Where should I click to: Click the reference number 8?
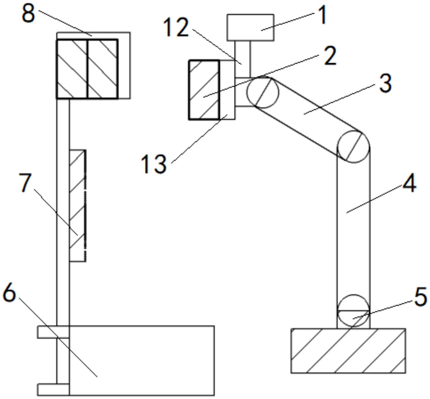point(28,13)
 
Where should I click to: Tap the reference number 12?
point(176,28)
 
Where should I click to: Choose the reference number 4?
point(409,183)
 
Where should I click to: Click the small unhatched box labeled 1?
point(250,27)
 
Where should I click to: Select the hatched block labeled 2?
point(204,90)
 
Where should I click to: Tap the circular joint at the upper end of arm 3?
point(263,92)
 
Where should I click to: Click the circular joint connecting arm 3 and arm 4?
point(353,147)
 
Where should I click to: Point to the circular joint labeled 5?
point(353,310)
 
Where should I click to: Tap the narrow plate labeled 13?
point(227,90)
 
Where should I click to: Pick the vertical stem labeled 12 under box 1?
point(242,58)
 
